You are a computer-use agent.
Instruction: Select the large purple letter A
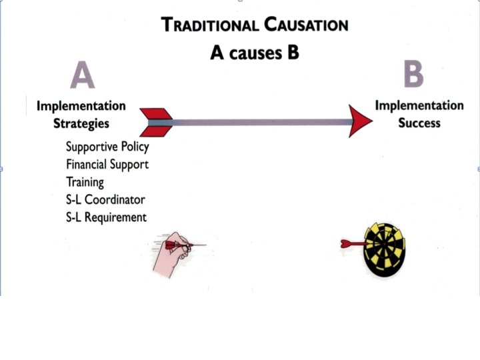click(x=82, y=75)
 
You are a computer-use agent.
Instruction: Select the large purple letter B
click(x=413, y=74)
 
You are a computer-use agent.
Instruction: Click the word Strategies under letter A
click(x=81, y=123)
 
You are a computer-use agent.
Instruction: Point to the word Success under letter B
click(x=419, y=123)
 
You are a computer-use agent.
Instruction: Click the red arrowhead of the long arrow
click(x=361, y=121)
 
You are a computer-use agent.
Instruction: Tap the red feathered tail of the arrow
click(x=157, y=122)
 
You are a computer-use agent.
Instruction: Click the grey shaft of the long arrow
click(x=260, y=122)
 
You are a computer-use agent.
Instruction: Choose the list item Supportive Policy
click(x=107, y=147)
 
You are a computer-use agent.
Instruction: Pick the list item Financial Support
click(x=107, y=164)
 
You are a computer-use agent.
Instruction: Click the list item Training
click(x=85, y=181)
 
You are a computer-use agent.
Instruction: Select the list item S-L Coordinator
click(x=105, y=199)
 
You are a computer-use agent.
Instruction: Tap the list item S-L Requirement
click(x=106, y=217)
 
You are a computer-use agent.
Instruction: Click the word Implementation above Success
click(x=419, y=105)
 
